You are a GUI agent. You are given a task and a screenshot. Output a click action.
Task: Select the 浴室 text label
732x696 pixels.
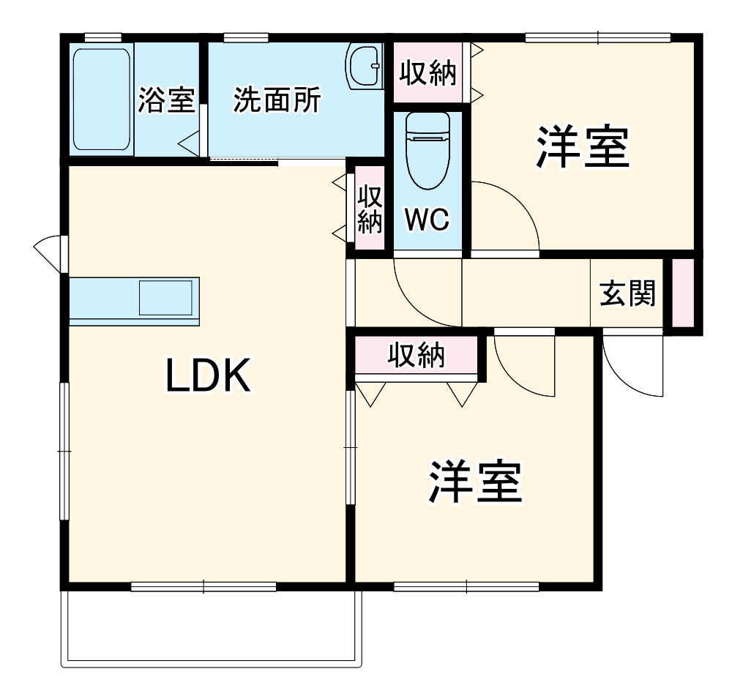(x=166, y=100)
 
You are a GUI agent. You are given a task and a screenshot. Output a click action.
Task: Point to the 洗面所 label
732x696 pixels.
(x=277, y=100)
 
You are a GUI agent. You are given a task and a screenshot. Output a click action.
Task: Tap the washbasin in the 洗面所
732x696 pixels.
(x=365, y=66)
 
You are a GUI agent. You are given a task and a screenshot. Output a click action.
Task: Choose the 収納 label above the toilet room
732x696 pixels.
(x=428, y=73)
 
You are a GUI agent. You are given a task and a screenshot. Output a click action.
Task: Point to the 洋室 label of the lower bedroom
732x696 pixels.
(x=475, y=482)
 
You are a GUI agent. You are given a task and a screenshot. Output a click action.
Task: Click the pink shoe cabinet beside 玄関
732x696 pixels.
(x=682, y=293)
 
